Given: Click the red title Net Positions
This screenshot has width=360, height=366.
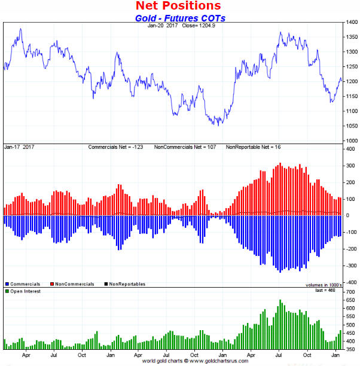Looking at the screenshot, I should pos(179,6).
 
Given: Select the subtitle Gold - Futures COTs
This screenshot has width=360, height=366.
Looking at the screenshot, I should pos(179,18).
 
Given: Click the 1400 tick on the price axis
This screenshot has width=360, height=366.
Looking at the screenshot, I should pos(352,23).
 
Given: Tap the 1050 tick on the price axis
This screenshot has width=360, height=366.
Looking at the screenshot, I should pos(352,126).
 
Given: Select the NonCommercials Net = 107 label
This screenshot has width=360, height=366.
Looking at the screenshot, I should pos(187,147).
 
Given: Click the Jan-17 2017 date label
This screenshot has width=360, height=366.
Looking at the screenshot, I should pos(19,147).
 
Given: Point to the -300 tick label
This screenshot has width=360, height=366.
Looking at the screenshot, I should pos(351,265).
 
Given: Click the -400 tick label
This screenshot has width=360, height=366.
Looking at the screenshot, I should pos(351,282).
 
